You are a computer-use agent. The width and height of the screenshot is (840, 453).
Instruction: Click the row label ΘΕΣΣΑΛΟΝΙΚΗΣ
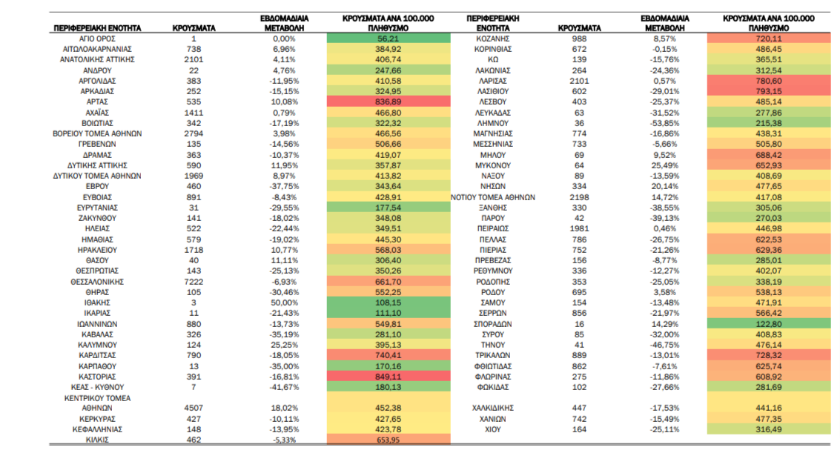[x=97, y=282]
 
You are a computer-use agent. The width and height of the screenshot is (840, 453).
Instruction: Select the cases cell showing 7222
[x=194, y=282]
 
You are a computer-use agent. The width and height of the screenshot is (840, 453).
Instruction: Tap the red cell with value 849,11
[x=388, y=377]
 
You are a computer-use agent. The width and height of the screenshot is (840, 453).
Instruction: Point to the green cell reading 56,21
[x=388, y=39]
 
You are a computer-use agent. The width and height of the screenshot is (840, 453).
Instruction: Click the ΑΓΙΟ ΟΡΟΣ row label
[x=97, y=39]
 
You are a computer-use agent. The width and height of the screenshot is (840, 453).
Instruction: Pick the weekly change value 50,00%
[x=284, y=302]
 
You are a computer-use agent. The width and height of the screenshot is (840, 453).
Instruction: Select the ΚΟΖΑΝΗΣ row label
[x=492, y=39]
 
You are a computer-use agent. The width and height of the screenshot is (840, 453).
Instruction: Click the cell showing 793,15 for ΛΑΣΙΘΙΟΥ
[x=769, y=91]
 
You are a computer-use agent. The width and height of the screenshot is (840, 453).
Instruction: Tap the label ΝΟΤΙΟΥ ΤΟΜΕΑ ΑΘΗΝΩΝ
[x=492, y=197]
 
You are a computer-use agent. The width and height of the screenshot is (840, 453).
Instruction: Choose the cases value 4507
[x=194, y=408]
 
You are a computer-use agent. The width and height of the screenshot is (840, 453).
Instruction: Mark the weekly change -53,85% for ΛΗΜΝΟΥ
[x=664, y=123]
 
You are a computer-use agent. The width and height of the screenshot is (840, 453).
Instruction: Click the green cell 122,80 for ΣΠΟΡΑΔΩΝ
[x=769, y=324]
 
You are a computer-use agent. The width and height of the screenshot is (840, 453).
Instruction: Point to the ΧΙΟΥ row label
[x=492, y=429]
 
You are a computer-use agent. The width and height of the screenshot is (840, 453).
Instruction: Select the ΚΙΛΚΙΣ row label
[x=97, y=440]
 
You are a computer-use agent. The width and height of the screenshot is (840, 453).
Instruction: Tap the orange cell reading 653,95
[x=388, y=440]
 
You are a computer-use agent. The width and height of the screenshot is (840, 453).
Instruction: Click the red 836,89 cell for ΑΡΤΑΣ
[x=388, y=102]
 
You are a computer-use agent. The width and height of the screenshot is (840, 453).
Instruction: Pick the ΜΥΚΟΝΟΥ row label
[x=492, y=165]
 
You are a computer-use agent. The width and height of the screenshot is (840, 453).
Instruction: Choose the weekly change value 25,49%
[x=664, y=165]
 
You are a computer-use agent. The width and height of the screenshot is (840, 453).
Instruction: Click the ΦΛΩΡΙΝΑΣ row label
[x=492, y=377]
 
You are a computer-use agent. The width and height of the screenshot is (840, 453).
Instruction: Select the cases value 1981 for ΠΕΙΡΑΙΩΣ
[x=579, y=228]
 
